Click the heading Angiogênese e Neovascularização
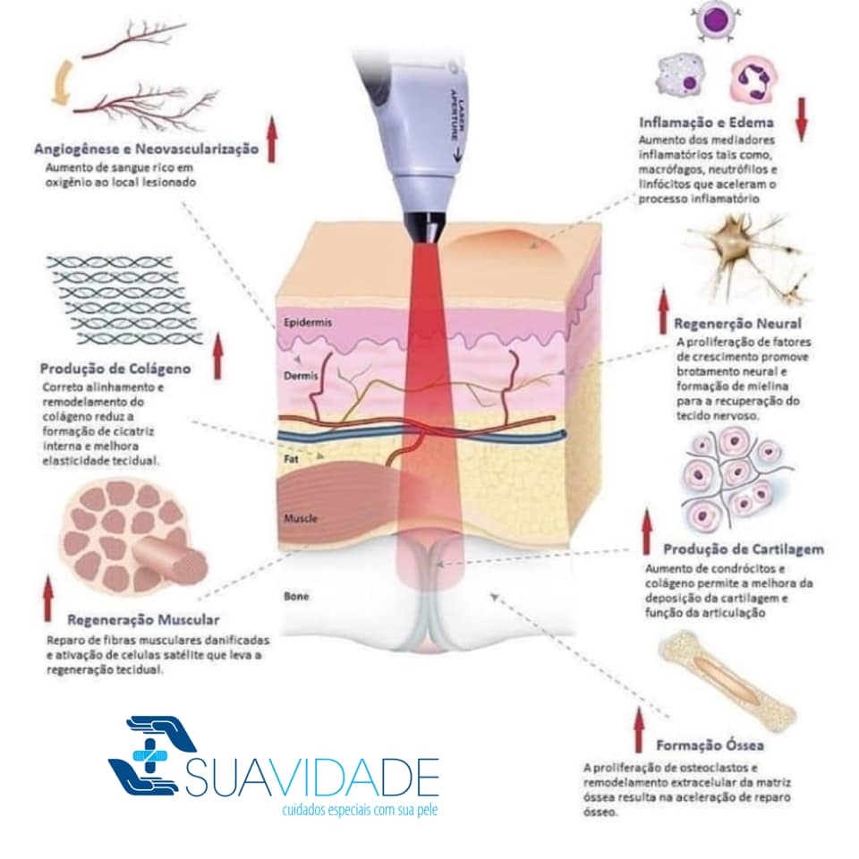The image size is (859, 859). [145, 149]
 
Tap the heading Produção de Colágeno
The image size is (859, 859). [115, 369]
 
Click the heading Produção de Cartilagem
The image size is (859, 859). [744, 549]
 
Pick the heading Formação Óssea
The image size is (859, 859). [710, 744]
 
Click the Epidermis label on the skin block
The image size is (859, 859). [307, 322]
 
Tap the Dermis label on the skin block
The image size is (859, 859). [301, 377]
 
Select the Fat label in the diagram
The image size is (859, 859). [291, 458]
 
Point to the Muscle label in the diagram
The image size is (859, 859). [301, 518]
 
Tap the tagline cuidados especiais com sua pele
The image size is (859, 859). [360, 809]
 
